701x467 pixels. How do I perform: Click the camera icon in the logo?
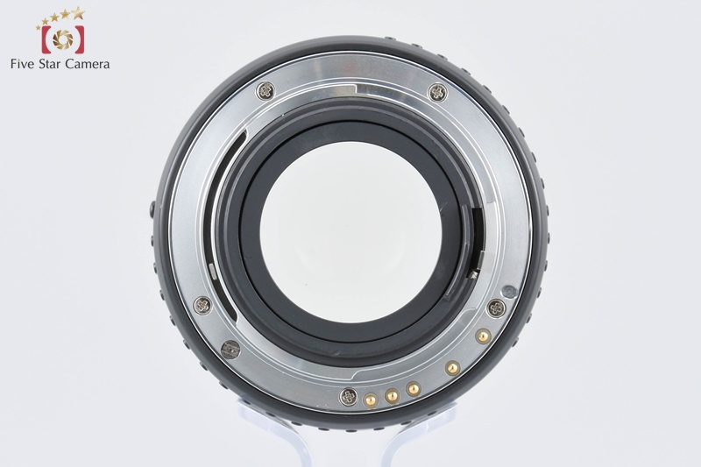[x=62, y=39]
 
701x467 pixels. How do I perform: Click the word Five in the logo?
[x=23, y=64]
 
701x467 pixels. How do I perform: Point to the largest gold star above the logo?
[x=78, y=13]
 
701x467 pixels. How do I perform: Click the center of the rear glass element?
[x=350, y=231]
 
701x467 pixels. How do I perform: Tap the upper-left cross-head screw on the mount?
[x=266, y=91]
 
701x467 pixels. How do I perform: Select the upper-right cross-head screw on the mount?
[x=437, y=92]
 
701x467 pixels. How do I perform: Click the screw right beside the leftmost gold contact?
[x=348, y=396]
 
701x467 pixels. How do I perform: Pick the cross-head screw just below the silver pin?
[x=496, y=308]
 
